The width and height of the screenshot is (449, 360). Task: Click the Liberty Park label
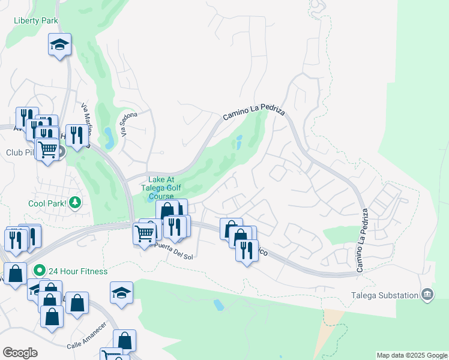[x=37, y=20]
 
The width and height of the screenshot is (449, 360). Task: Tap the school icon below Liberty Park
[x=59, y=45]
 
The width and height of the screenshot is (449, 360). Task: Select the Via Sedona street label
[x=130, y=124]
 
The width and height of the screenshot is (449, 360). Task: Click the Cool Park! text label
[x=47, y=203]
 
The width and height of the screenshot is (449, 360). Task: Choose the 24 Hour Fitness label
[x=79, y=271]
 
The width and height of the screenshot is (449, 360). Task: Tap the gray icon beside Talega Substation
[x=427, y=294]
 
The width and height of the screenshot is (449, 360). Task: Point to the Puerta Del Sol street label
[x=172, y=248]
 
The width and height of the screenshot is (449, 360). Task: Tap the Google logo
[x=19, y=353]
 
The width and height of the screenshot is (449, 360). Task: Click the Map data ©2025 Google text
[x=412, y=355]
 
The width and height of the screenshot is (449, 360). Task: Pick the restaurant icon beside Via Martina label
[x=76, y=135]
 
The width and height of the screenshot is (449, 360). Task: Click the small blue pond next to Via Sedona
[x=108, y=137]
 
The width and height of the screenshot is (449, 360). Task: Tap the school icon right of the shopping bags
[x=121, y=293]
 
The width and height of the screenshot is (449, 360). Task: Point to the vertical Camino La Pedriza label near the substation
[x=363, y=240]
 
